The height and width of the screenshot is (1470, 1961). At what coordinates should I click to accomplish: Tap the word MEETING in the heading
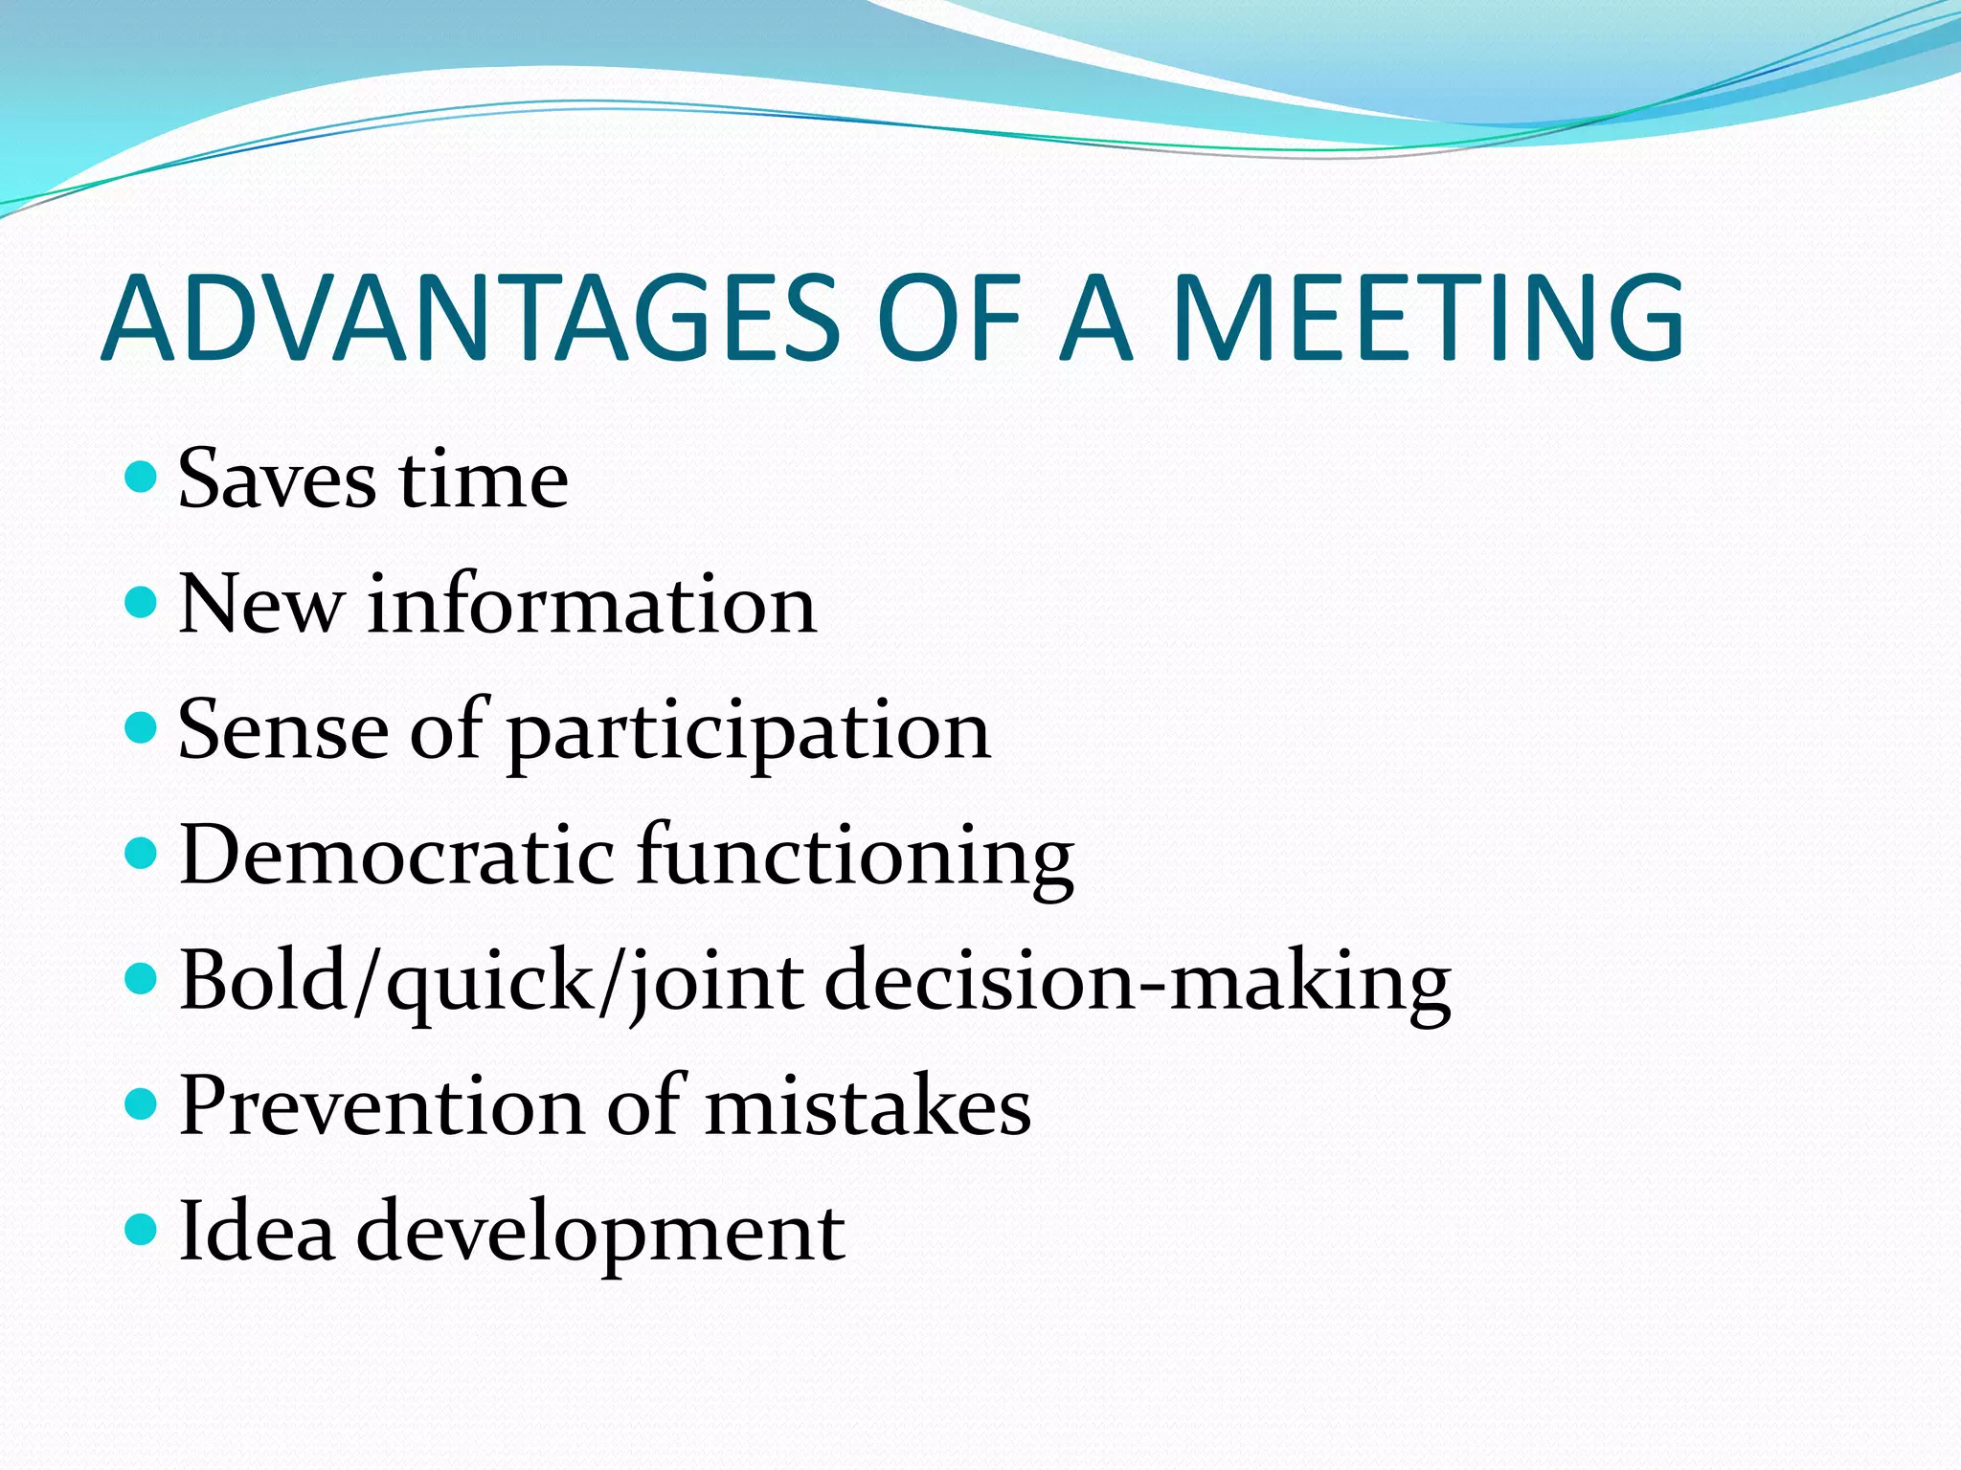pyautogui.click(x=1428, y=318)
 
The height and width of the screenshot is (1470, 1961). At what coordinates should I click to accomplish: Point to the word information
pyautogui.click(x=592, y=604)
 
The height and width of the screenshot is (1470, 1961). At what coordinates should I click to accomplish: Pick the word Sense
pyautogui.click(x=283, y=730)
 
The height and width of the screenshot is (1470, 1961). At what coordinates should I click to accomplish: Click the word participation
pyautogui.click(x=748, y=733)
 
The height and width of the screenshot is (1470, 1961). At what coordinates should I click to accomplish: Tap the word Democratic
pyautogui.click(x=396, y=854)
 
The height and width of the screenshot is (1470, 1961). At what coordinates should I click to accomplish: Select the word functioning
pyautogui.click(x=855, y=856)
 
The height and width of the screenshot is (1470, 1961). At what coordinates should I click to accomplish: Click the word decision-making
pyautogui.click(x=1138, y=982)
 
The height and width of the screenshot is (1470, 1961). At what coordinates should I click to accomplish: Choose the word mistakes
pyautogui.click(x=868, y=1105)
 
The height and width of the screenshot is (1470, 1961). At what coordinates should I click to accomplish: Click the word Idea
pyautogui.click(x=257, y=1231)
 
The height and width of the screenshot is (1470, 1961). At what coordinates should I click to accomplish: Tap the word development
pyautogui.click(x=600, y=1233)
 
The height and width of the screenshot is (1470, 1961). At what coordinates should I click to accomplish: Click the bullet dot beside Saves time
pyautogui.click(x=141, y=476)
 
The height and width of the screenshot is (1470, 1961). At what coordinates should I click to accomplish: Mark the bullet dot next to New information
pyautogui.click(x=141, y=602)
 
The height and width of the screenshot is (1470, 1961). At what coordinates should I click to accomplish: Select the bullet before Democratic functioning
pyautogui.click(x=141, y=853)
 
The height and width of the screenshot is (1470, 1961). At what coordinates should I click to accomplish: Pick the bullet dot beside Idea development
pyautogui.click(x=141, y=1229)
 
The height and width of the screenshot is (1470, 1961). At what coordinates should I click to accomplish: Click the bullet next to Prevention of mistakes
pyautogui.click(x=141, y=1103)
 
